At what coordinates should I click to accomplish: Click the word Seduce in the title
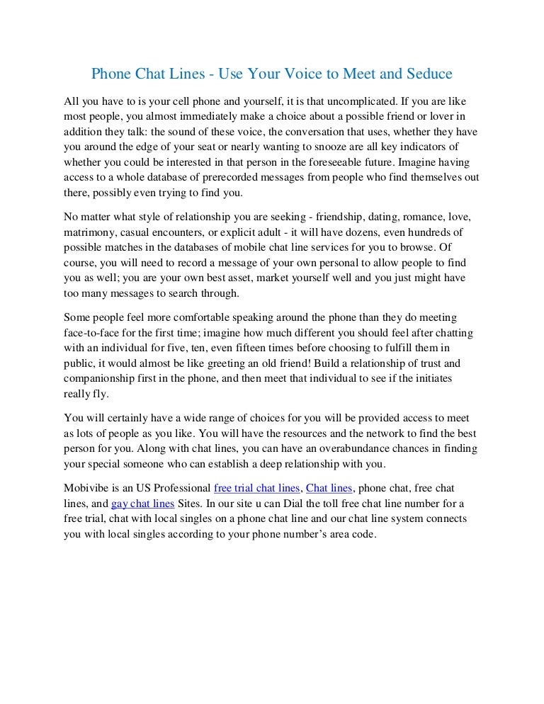tap(427, 74)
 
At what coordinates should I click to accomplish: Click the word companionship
tap(101, 379)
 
